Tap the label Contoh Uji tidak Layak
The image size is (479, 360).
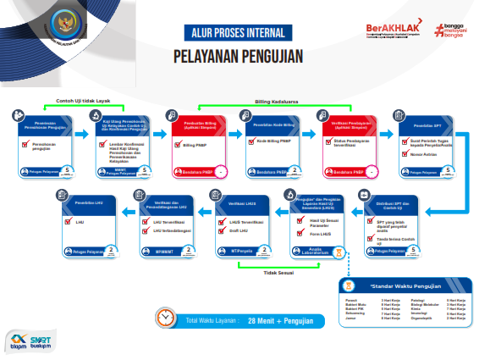pos(83,101)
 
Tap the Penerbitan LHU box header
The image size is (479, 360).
pos(88,203)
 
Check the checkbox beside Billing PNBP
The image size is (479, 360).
pos(178,145)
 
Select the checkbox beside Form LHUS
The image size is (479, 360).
pos(301,235)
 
